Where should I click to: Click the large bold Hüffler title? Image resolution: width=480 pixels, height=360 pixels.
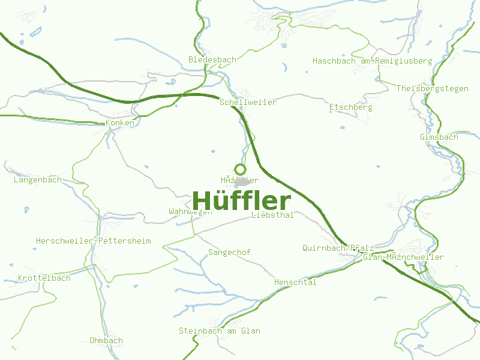[x=242, y=201]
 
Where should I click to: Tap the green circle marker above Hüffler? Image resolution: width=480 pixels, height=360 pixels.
[x=240, y=169]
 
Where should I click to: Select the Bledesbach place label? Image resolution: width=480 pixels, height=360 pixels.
[x=212, y=60]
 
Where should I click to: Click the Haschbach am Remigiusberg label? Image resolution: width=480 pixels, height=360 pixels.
[x=372, y=61]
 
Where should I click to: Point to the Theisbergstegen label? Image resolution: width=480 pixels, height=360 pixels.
[x=432, y=89]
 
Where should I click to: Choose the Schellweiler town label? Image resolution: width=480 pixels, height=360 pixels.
[x=248, y=103]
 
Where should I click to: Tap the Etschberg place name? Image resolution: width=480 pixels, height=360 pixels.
[x=350, y=107]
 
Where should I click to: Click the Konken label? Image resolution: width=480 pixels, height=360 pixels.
[x=119, y=123]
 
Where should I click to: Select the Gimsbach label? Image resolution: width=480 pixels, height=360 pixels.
[x=439, y=137]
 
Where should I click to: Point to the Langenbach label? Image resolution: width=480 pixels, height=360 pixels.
[x=37, y=180]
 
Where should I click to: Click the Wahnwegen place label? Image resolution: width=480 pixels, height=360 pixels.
[x=190, y=212]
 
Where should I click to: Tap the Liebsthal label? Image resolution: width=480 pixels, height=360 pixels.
[x=273, y=215]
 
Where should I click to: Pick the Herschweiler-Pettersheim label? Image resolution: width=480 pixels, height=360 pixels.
[x=93, y=241]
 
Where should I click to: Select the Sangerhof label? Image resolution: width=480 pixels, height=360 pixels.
[x=229, y=253]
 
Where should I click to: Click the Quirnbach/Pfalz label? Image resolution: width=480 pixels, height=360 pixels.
[x=338, y=248]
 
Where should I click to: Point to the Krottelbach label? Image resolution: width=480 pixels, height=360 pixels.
[x=44, y=278]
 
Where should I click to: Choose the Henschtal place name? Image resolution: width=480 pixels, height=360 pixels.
[x=295, y=283]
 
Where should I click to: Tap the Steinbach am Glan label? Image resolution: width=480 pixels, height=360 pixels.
[x=220, y=331]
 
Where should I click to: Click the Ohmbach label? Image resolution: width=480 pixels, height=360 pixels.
[x=106, y=341]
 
